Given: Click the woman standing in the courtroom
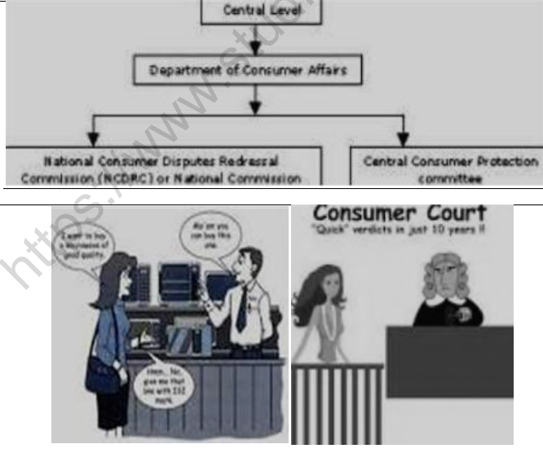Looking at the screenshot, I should (x=316, y=314).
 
